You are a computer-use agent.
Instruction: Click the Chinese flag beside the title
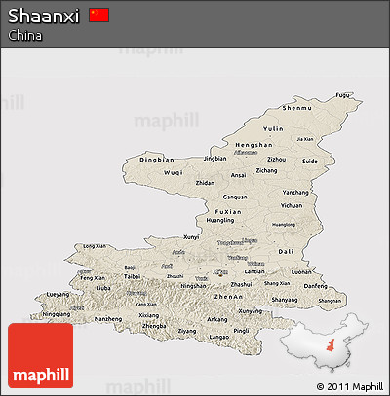click(x=98, y=15)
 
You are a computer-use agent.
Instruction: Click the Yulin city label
click(x=274, y=128)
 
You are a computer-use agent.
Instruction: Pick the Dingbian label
click(x=157, y=159)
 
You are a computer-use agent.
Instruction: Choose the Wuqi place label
click(x=173, y=172)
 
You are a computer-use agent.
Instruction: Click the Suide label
click(x=310, y=161)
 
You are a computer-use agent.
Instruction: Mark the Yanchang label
click(x=295, y=192)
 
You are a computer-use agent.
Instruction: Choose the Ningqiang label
click(x=57, y=314)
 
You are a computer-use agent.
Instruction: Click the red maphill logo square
click(x=40, y=356)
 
